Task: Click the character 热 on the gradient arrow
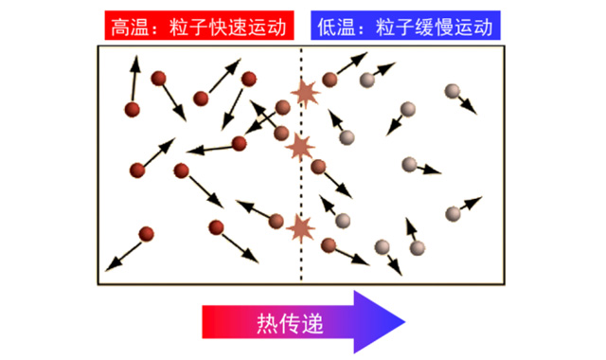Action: point(269,322)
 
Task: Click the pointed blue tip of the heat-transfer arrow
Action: point(405,322)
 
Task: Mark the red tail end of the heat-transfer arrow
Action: point(205,322)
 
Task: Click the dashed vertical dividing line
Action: point(302,189)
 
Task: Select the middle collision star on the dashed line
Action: point(301,146)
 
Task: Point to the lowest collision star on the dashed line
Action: point(301,228)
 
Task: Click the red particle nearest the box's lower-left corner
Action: point(146,234)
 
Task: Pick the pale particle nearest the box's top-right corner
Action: point(454,92)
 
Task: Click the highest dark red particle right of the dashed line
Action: point(329,80)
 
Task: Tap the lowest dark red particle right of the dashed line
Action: point(330,245)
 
